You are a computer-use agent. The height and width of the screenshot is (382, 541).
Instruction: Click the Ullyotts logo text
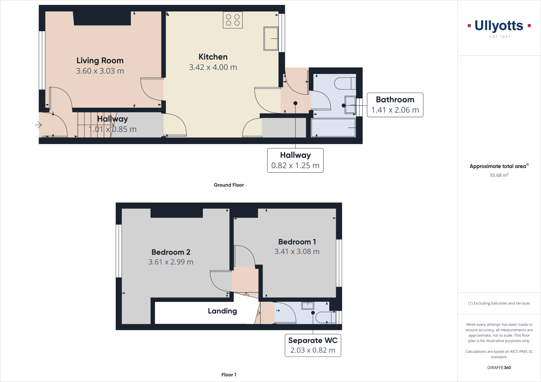499,26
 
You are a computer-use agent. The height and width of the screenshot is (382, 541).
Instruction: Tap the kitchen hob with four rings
233,20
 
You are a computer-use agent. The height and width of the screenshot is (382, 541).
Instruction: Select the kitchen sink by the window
271,39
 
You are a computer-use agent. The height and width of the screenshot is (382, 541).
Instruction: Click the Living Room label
100,61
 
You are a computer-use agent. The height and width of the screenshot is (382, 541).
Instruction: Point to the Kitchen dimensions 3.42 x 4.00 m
213,67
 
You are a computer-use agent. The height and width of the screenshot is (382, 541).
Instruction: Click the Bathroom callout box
395,105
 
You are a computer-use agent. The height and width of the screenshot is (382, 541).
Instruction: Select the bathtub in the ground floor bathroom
333,128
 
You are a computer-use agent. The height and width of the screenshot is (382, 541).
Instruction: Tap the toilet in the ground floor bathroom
345,83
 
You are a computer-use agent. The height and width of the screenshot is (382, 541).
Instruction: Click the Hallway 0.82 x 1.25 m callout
295,160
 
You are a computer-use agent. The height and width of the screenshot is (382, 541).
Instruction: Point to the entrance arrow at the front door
38,125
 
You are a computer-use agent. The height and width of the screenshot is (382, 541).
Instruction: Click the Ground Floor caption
229,185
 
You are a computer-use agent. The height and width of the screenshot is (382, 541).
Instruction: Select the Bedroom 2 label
171,252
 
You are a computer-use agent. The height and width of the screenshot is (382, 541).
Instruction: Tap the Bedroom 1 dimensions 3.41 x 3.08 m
297,251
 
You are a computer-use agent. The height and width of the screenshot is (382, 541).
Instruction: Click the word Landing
222,311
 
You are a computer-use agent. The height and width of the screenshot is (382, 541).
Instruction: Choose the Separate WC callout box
313,345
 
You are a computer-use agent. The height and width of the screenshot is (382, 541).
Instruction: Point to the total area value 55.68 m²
499,175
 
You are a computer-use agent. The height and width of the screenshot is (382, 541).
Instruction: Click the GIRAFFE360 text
499,367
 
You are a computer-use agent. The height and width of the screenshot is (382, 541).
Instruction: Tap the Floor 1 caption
229,375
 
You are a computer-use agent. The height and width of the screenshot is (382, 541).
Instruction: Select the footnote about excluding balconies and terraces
499,303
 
